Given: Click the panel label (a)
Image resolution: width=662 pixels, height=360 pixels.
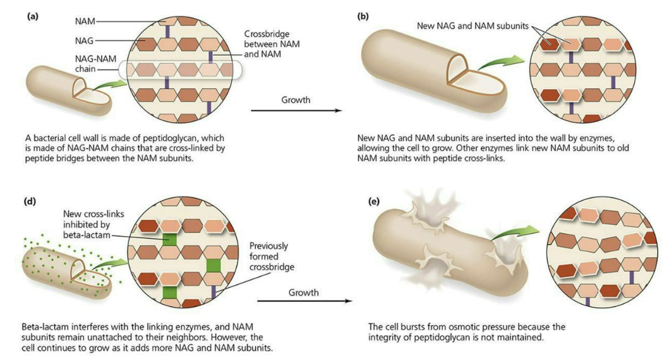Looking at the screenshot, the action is [32, 16].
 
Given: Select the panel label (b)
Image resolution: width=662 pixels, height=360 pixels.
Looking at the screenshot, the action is [363, 16].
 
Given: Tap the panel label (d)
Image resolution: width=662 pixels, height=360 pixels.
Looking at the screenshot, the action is [30, 201].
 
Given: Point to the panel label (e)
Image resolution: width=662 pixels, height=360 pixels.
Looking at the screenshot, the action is [374, 201].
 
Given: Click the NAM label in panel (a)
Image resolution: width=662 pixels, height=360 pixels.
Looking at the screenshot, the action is [85, 21].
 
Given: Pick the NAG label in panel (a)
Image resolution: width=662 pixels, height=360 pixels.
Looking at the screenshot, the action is [84, 41].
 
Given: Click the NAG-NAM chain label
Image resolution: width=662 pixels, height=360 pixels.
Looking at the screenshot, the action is [95, 64].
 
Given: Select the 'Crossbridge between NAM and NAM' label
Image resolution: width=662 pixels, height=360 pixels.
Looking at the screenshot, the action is [272, 44].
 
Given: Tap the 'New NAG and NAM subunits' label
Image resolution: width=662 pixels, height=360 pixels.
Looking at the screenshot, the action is [473, 26].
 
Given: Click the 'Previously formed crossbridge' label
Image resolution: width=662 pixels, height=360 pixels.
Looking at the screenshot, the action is [272, 256].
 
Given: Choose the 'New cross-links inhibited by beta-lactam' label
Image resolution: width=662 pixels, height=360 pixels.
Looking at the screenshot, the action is [93, 224].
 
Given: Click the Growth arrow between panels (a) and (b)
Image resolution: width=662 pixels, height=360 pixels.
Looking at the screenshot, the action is [296, 111].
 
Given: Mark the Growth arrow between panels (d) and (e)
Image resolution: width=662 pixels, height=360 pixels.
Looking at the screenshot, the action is [304, 301].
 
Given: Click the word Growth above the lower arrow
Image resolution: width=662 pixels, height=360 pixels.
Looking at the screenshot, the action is [304, 292].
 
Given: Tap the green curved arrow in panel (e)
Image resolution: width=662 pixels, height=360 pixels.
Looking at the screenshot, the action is [515, 234].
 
